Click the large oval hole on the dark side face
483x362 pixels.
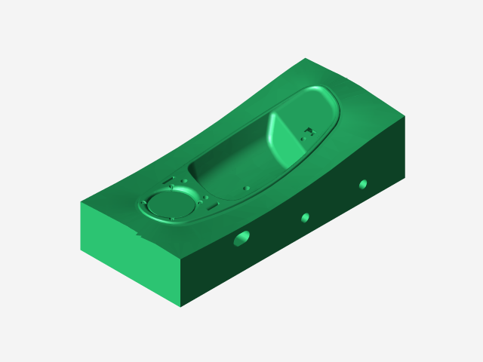click(x=241, y=239)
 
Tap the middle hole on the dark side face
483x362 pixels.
click(x=305, y=218)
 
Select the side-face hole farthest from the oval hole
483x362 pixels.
click(x=363, y=184)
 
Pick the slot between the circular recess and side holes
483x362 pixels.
click(x=213, y=204)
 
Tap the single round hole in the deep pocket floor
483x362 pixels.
click(x=246, y=186)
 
